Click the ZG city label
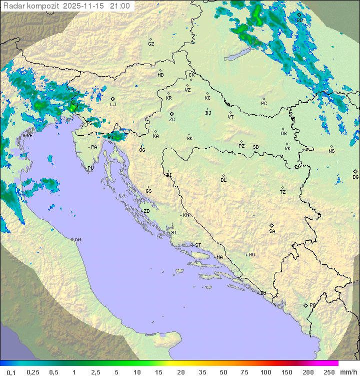(172, 120)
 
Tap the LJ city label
(113, 105)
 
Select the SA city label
(272, 231)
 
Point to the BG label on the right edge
(355, 177)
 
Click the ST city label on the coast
(198, 245)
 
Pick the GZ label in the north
(151, 44)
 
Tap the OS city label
(283, 134)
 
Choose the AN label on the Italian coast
(77, 240)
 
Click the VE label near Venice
(29, 136)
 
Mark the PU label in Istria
(90, 168)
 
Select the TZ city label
(282, 192)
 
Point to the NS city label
(331, 151)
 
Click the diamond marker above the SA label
(271, 225)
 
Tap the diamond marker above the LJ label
(113, 99)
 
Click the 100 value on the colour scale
(265, 372)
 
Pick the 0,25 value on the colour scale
(33, 372)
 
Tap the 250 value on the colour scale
(329, 372)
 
